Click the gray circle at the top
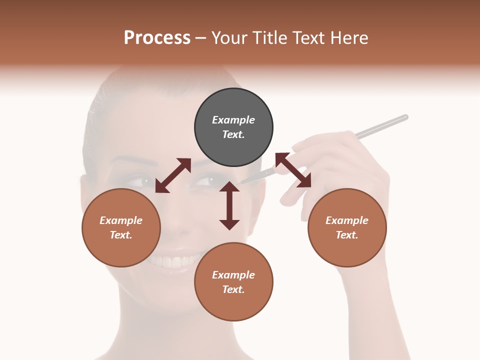click(233, 127)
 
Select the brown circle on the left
click(121, 227)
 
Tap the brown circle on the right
click(347, 227)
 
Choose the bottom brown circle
click(233, 282)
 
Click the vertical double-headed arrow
click(229, 205)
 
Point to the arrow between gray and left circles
click(173, 175)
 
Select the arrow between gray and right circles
click(293, 170)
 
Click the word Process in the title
click(157, 38)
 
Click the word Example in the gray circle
click(233, 120)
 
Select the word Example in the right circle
click(347, 220)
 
